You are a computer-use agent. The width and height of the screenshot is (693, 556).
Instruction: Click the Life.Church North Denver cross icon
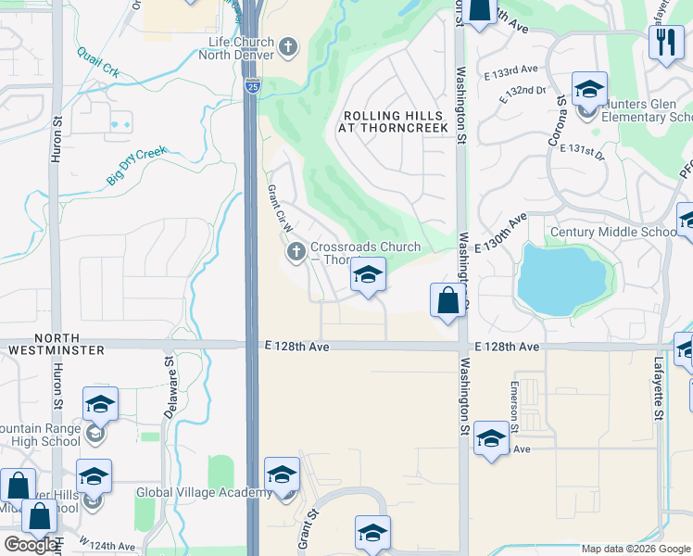288,46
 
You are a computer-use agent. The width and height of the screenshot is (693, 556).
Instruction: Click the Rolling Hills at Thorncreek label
396,121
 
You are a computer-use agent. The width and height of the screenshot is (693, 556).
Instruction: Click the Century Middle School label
612,232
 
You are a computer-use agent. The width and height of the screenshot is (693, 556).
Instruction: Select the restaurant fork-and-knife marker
666,43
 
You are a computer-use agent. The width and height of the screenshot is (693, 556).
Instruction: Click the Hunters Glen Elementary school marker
589,91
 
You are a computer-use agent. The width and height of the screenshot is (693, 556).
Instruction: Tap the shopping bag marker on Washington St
447,301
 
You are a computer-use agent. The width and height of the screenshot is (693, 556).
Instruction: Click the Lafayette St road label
659,387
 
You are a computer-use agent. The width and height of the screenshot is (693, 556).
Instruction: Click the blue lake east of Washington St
561,277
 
